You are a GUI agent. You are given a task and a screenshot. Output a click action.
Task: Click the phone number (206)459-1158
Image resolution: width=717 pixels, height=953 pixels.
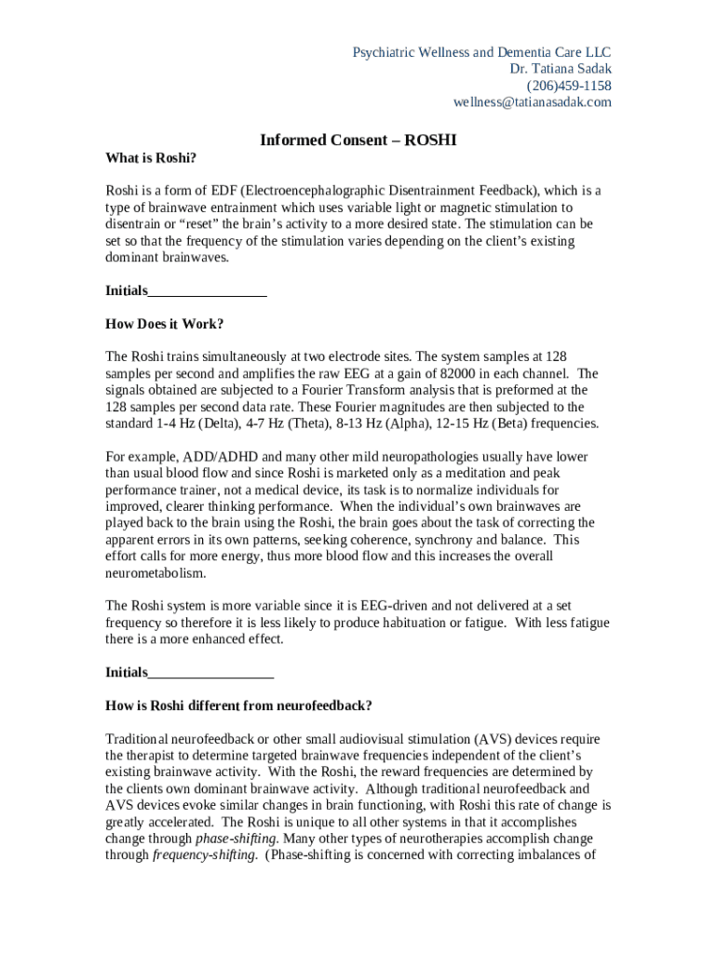(x=569, y=86)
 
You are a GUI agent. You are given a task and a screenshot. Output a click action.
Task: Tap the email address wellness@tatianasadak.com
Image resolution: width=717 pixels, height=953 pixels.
(x=533, y=102)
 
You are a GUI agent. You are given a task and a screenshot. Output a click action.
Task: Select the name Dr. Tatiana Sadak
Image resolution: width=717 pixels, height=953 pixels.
(x=561, y=69)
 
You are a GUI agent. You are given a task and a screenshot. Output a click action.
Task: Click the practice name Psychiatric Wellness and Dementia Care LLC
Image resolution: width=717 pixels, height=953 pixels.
(x=481, y=52)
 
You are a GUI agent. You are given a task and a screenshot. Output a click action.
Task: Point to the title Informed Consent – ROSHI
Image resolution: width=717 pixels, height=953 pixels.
(x=358, y=141)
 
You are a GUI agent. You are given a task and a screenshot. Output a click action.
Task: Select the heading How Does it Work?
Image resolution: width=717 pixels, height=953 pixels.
(x=165, y=324)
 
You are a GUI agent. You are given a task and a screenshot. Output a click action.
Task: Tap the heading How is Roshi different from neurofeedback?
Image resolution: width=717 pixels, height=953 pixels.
(x=239, y=705)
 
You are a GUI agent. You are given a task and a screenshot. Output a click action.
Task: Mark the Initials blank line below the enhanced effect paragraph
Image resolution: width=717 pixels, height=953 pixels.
(x=210, y=672)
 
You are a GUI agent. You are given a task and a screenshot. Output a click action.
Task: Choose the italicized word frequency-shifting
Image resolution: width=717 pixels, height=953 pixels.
(x=204, y=856)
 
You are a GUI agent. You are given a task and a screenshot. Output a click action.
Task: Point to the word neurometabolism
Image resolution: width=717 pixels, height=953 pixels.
(x=156, y=573)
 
